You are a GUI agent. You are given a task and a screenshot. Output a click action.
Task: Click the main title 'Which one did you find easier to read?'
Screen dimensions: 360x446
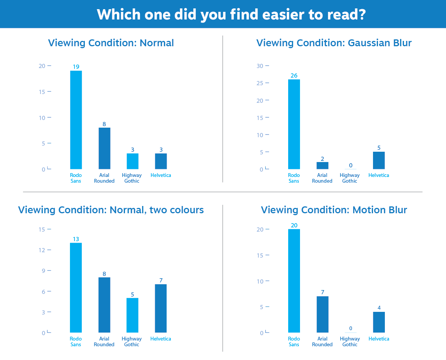(231, 15)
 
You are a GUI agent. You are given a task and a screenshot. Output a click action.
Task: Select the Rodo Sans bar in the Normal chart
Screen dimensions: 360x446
(76, 120)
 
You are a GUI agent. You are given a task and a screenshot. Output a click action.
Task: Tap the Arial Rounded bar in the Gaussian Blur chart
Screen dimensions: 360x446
(322, 165)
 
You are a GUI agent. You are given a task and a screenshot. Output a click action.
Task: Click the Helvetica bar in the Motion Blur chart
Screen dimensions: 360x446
(379, 322)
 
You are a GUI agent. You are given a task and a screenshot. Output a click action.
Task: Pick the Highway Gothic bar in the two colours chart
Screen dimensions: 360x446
(132, 315)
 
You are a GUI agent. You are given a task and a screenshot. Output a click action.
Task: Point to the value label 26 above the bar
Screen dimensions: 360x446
(294, 75)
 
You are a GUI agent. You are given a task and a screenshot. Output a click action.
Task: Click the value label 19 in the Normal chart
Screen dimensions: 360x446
(76, 67)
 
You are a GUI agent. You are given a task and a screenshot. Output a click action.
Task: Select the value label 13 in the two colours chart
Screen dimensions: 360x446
(76, 239)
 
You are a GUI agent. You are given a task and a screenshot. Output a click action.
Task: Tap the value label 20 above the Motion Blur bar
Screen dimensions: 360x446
(294, 225)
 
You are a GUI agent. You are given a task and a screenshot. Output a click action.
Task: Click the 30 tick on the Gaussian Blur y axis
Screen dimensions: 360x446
(260, 66)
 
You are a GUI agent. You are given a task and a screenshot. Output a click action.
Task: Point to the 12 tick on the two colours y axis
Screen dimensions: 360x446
(42, 250)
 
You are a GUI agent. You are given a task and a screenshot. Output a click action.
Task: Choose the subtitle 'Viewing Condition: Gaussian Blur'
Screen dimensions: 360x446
(334, 43)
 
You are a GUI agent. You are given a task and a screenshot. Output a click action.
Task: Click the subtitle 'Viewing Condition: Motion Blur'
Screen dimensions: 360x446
(334, 210)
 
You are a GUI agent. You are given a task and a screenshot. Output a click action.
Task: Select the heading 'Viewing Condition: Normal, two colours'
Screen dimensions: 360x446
(111, 210)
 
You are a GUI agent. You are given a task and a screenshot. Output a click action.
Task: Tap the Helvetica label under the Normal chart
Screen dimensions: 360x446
(161, 175)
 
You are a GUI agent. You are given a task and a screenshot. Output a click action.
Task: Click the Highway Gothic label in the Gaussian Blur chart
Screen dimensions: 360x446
(350, 178)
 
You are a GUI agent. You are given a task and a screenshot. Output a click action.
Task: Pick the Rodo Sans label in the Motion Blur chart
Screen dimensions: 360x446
(294, 342)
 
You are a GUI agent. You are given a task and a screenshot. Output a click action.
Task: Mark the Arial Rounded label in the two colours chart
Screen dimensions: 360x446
(104, 342)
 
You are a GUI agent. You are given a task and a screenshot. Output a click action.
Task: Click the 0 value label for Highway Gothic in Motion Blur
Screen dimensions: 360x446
(350, 328)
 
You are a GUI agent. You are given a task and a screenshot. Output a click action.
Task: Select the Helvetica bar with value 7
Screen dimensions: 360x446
(161, 308)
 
